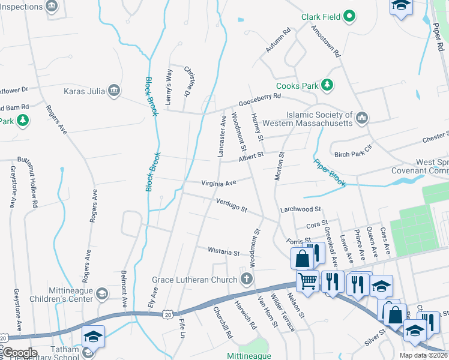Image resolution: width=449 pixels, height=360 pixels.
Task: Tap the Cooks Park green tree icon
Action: point(327,86)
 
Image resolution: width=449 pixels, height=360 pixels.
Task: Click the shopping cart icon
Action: point(308,280)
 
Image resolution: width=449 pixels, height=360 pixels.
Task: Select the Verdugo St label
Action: point(232,206)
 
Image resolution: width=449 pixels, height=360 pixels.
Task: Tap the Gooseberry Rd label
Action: point(259,98)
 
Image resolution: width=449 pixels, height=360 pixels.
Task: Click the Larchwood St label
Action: point(301,209)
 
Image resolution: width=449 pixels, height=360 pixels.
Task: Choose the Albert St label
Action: point(251,157)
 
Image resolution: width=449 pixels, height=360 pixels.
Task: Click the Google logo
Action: point(19,353)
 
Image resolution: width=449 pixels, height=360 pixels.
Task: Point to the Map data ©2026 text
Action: point(423,355)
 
